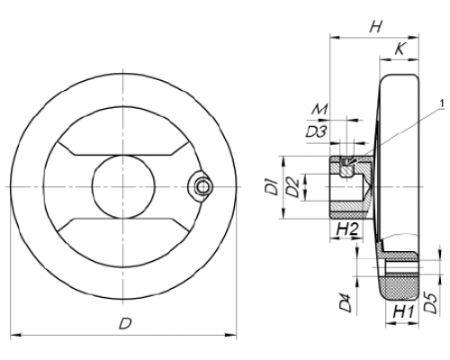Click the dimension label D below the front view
coord(126,324)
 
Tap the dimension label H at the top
coord(375,27)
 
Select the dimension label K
coord(400,49)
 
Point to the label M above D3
coord(319,110)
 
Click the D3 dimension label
coord(316,131)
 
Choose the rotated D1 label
coord(273,187)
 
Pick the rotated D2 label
coord(292,187)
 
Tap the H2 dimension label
coord(347,229)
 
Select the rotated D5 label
coord(431,303)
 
